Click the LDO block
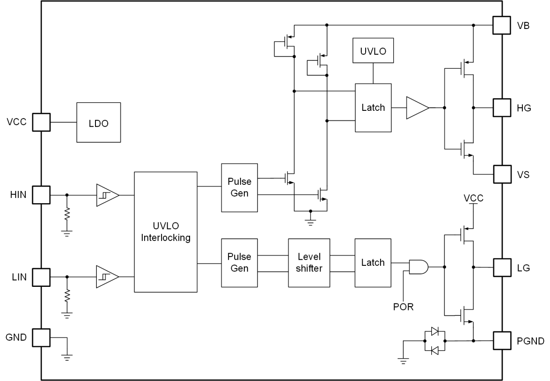point(99,122)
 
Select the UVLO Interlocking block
point(166,232)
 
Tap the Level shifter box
point(309,263)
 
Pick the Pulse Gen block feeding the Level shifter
point(240,263)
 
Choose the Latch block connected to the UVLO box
point(373,107)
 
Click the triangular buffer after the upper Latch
point(417,107)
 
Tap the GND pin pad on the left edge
point(41,338)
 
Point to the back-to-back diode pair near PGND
point(434,340)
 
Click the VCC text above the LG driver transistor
point(473,198)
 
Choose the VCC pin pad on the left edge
point(41,122)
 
